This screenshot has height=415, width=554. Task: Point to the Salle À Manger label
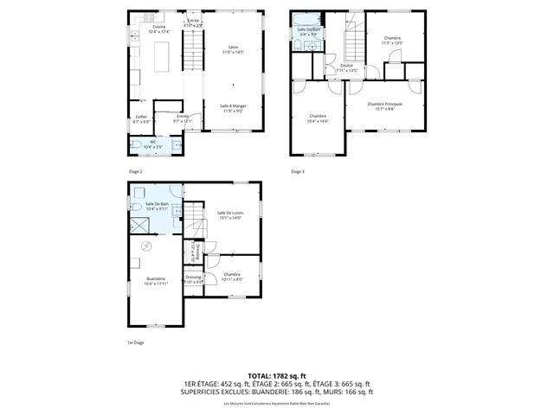pyautogui.click(x=233, y=108)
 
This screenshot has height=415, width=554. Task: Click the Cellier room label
pyautogui.click(x=141, y=118)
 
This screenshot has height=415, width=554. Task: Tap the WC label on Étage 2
pyautogui.click(x=153, y=144)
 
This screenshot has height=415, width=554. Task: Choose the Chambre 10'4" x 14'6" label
pyautogui.click(x=318, y=118)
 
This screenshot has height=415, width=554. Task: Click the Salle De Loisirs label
pyautogui.click(x=229, y=215)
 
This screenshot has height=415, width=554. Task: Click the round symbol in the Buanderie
pyautogui.click(x=145, y=246)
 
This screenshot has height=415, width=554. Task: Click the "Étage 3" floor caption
pyautogui.click(x=297, y=171)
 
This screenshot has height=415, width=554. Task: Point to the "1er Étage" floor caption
pyautogui.click(x=136, y=343)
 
